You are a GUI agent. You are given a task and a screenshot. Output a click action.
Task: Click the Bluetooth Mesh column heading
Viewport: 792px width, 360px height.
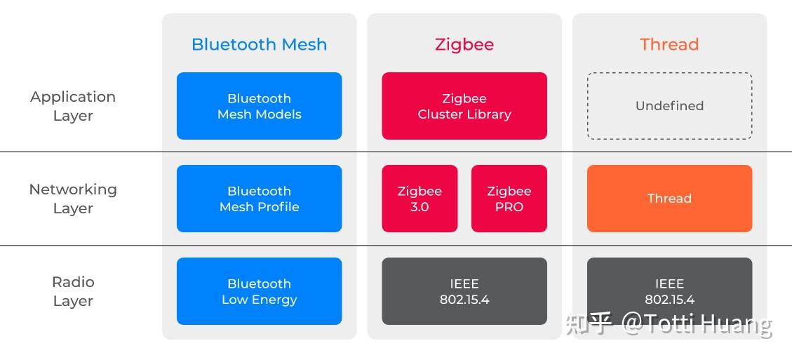click(x=259, y=44)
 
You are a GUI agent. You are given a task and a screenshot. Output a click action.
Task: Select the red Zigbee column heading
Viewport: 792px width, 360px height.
click(x=464, y=44)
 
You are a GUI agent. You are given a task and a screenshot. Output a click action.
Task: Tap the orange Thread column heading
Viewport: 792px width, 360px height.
click(x=669, y=44)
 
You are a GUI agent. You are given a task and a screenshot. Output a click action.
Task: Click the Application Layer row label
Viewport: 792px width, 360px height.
click(x=73, y=106)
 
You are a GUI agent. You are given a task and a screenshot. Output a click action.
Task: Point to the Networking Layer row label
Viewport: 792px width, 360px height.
click(x=73, y=199)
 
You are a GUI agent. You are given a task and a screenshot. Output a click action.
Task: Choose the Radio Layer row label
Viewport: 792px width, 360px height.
click(x=73, y=291)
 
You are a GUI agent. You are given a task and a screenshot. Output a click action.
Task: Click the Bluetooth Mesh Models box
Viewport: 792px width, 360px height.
click(x=259, y=106)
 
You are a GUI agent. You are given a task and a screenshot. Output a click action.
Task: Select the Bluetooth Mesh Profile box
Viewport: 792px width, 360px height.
click(x=259, y=199)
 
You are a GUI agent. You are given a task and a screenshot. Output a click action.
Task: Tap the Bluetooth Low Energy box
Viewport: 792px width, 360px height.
click(x=259, y=291)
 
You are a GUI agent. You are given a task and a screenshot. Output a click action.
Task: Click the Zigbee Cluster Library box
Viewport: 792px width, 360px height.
click(x=464, y=106)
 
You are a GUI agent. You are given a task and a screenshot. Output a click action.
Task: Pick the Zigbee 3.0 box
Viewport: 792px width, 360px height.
click(x=420, y=199)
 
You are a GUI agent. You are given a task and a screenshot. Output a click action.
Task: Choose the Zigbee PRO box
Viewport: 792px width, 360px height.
click(x=509, y=199)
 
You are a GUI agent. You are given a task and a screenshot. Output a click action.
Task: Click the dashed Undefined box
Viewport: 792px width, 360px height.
click(x=669, y=106)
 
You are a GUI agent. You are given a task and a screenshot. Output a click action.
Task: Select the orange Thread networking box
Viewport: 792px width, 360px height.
click(x=669, y=199)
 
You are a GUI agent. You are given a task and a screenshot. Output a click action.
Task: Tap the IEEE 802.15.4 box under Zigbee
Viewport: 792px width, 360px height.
click(x=464, y=291)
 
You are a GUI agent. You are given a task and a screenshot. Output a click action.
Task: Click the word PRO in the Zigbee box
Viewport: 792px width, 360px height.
click(x=509, y=207)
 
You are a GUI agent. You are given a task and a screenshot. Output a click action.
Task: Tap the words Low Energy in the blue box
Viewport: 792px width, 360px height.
click(x=259, y=300)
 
